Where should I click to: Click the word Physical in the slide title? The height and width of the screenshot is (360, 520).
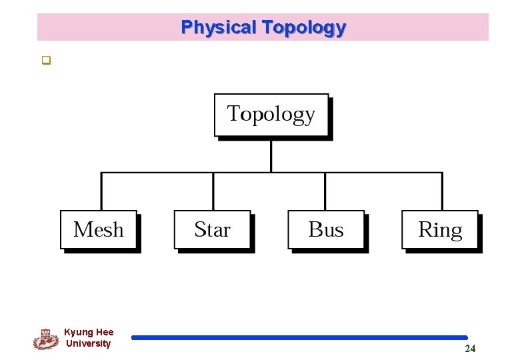pyautogui.click(x=219, y=27)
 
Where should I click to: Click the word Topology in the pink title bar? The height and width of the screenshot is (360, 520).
pyautogui.click(x=304, y=27)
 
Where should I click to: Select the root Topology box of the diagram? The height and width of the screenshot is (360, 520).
pyautogui.click(x=271, y=115)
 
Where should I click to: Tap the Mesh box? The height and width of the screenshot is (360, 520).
pyautogui.click(x=99, y=230)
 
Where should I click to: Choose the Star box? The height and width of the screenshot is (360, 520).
pyautogui.click(x=212, y=230)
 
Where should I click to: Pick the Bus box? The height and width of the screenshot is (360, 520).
pyautogui.click(x=326, y=230)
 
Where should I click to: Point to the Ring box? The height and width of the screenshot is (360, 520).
pyautogui.click(x=440, y=230)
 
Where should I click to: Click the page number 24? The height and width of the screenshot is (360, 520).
pyautogui.click(x=470, y=349)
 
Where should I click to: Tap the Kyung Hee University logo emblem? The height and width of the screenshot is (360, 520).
pyautogui.click(x=45, y=339)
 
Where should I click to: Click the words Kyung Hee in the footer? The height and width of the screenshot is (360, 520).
pyautogui.click(x=89, y=332)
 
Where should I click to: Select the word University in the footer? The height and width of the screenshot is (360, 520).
pyautogui.click(x=88, y=343)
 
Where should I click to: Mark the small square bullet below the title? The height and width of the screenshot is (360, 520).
pyautogui.click(x=46, y=62)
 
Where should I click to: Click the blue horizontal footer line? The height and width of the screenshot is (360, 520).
pyautogui.click(x=299, y=338)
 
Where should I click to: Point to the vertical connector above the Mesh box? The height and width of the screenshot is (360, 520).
pyautogui.click(x=101, y=192)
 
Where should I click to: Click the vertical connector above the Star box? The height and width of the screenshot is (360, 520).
pyautogui.click(x=213, y=192)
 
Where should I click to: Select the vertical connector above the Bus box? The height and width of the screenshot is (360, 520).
pyautogui.click(x=325, y=192)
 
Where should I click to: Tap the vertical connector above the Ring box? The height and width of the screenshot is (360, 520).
pyautogui.click(x=442, y=192)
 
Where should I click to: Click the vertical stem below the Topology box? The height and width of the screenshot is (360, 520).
pyautogui.click(x=271, y=155)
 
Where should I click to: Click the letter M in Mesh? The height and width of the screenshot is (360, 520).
pyautogui.click(x=82, y=230)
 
